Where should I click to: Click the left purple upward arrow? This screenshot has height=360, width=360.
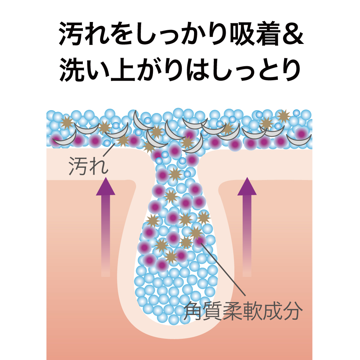105,227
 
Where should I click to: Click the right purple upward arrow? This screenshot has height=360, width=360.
247,227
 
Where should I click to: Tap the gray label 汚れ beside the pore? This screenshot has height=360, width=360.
89,166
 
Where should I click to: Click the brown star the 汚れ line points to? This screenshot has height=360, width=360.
123,140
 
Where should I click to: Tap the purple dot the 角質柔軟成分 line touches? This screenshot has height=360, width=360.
200,240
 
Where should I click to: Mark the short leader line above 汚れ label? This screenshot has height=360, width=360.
109,150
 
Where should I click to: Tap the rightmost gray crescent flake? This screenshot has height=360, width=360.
299,140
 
